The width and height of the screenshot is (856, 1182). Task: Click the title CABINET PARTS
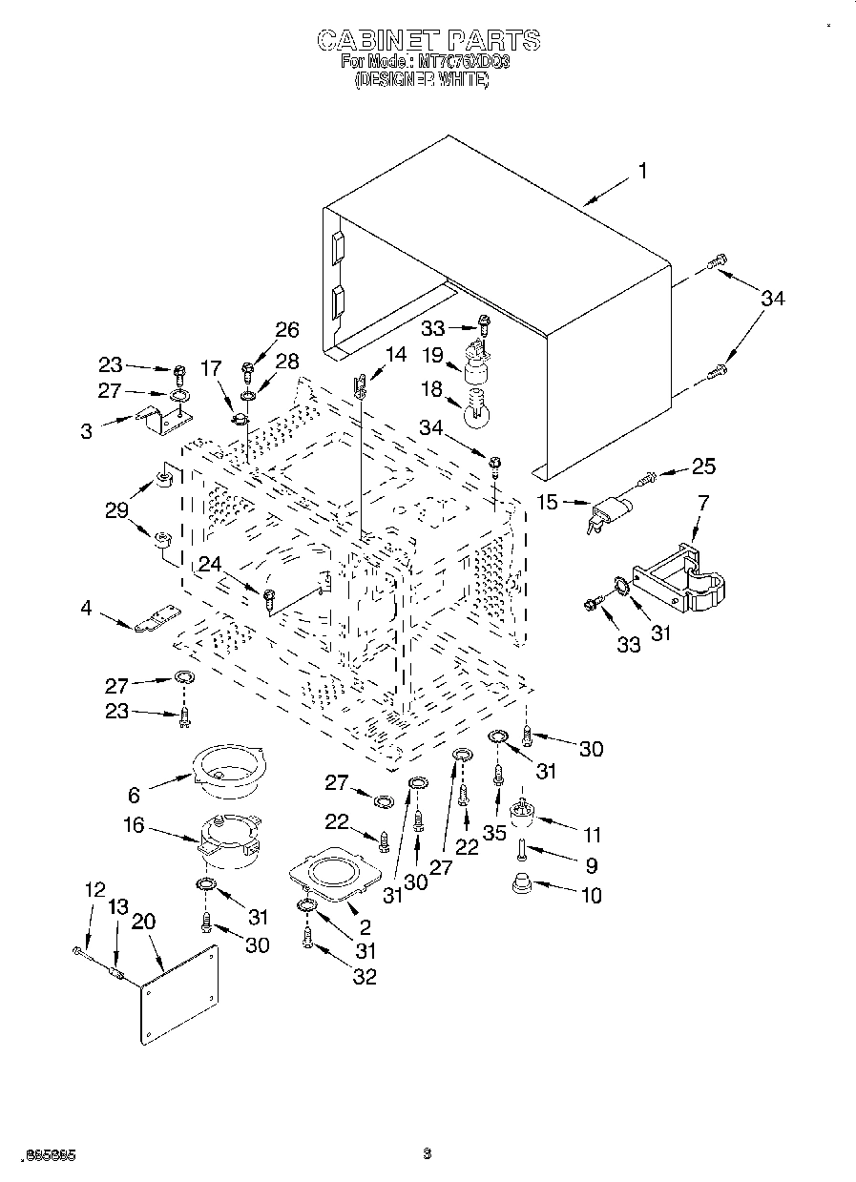(428, 40)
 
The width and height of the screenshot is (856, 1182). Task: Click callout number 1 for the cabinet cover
(642, 172)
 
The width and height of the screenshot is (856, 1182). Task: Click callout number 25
(703, 467)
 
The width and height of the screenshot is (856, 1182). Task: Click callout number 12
(94, 889)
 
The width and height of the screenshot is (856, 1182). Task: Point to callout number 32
(364, 976)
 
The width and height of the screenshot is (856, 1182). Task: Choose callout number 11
(593, 835)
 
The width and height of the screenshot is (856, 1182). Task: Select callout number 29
(116, 510)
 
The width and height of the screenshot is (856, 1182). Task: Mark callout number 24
(210, 564)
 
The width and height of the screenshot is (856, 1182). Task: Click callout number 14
(395, 355)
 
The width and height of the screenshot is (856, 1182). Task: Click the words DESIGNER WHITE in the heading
(421, 81)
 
